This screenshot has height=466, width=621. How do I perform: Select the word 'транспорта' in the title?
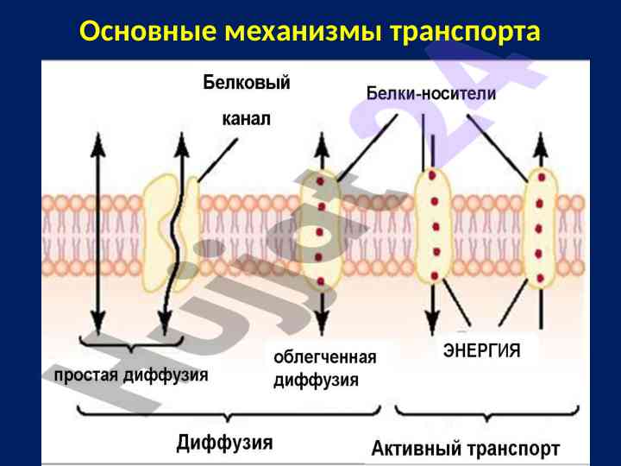coord(466,32)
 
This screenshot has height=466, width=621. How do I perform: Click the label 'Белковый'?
coord(246,83)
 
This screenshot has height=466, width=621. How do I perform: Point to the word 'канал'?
coord(246,120)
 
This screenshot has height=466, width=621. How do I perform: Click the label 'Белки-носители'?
coord(431,94)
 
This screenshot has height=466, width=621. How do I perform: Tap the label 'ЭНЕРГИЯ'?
coord(481,350)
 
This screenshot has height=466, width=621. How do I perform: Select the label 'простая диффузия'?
coord(131,376)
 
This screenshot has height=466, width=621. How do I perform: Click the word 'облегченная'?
coord(325,356)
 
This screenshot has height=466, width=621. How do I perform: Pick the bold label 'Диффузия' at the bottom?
coord(224,444)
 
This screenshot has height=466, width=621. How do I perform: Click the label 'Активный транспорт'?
coord(466,449)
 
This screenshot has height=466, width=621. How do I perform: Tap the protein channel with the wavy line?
coord(172,227)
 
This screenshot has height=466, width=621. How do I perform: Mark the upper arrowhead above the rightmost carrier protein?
coord(539,142)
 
